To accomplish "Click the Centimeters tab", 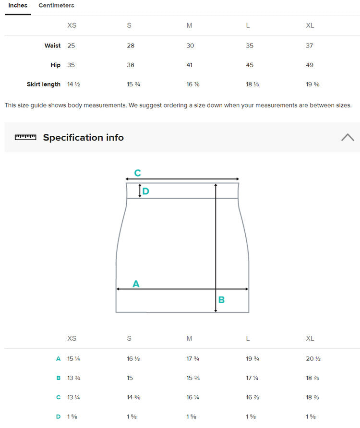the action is pos(56,5).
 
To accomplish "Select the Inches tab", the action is pos(18,5).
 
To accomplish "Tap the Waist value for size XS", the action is pos(71,46).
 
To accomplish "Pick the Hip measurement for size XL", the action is pos(310,65).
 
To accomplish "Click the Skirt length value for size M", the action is pos(193,84).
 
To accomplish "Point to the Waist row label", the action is pos(52,46).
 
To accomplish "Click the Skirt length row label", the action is pos(43,84).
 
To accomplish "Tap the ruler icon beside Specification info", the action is pos(25,137).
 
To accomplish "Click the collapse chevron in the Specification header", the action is pos(348,137).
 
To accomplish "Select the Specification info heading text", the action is pos(84,137).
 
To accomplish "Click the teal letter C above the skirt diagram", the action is pos(137,173).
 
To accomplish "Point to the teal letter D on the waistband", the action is pos(146,191).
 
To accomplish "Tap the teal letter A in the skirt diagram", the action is pos(136,284).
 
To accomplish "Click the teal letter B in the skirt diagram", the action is pos(221,300).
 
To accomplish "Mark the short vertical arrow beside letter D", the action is pos(140,190).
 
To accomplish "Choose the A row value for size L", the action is pos(252,359).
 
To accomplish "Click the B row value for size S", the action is pos(130,378).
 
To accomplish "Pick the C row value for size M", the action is pos(193,397).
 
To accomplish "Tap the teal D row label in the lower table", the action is pos(58,417).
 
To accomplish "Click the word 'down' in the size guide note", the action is pos(215,106).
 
